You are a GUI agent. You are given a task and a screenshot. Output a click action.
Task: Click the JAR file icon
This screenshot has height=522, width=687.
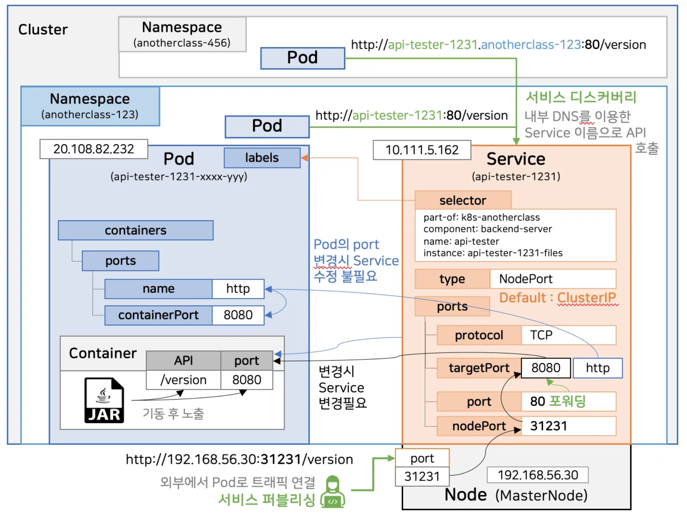point(104,400)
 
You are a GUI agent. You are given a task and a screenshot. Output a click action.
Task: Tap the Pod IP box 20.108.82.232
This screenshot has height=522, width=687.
point(94,149)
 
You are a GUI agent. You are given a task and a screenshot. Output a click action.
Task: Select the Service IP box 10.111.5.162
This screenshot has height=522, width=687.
point(422,150)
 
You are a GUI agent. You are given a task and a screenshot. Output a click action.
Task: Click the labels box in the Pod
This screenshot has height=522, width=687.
point(262,158)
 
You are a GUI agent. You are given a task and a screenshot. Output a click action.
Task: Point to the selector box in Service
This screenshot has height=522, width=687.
point(463,200)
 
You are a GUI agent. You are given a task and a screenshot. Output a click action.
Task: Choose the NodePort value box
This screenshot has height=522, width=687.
point(553,279)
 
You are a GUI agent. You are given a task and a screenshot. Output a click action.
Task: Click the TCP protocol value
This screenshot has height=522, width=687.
point(569,335)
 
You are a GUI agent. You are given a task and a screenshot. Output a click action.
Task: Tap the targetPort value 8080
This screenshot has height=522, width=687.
point(546,368)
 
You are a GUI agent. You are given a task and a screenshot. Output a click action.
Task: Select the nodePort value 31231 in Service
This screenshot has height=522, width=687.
point(569,426)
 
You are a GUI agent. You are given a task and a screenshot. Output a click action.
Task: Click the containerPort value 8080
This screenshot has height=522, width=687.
point(238,315)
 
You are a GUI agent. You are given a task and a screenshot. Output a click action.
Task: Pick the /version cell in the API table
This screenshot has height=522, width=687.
point(184,380)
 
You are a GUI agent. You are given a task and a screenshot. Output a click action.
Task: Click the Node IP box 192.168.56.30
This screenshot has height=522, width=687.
point(538,475)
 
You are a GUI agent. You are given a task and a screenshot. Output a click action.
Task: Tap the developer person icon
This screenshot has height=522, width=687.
point(333,492)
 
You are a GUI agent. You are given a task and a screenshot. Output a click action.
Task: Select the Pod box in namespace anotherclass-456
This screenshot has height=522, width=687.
point(302,58)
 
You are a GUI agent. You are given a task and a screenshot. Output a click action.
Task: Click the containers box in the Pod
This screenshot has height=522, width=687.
point(136,230)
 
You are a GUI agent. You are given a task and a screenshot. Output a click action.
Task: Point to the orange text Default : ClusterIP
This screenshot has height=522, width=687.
point(557,298)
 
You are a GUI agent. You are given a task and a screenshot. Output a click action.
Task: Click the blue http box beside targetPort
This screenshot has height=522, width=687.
point(598,368)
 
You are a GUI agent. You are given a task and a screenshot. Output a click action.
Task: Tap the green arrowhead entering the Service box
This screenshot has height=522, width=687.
point(516,141)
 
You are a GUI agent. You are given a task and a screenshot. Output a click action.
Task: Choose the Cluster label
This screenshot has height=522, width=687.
point(43,30)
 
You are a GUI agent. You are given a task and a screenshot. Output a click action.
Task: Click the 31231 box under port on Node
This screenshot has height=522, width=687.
point(422,476)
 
